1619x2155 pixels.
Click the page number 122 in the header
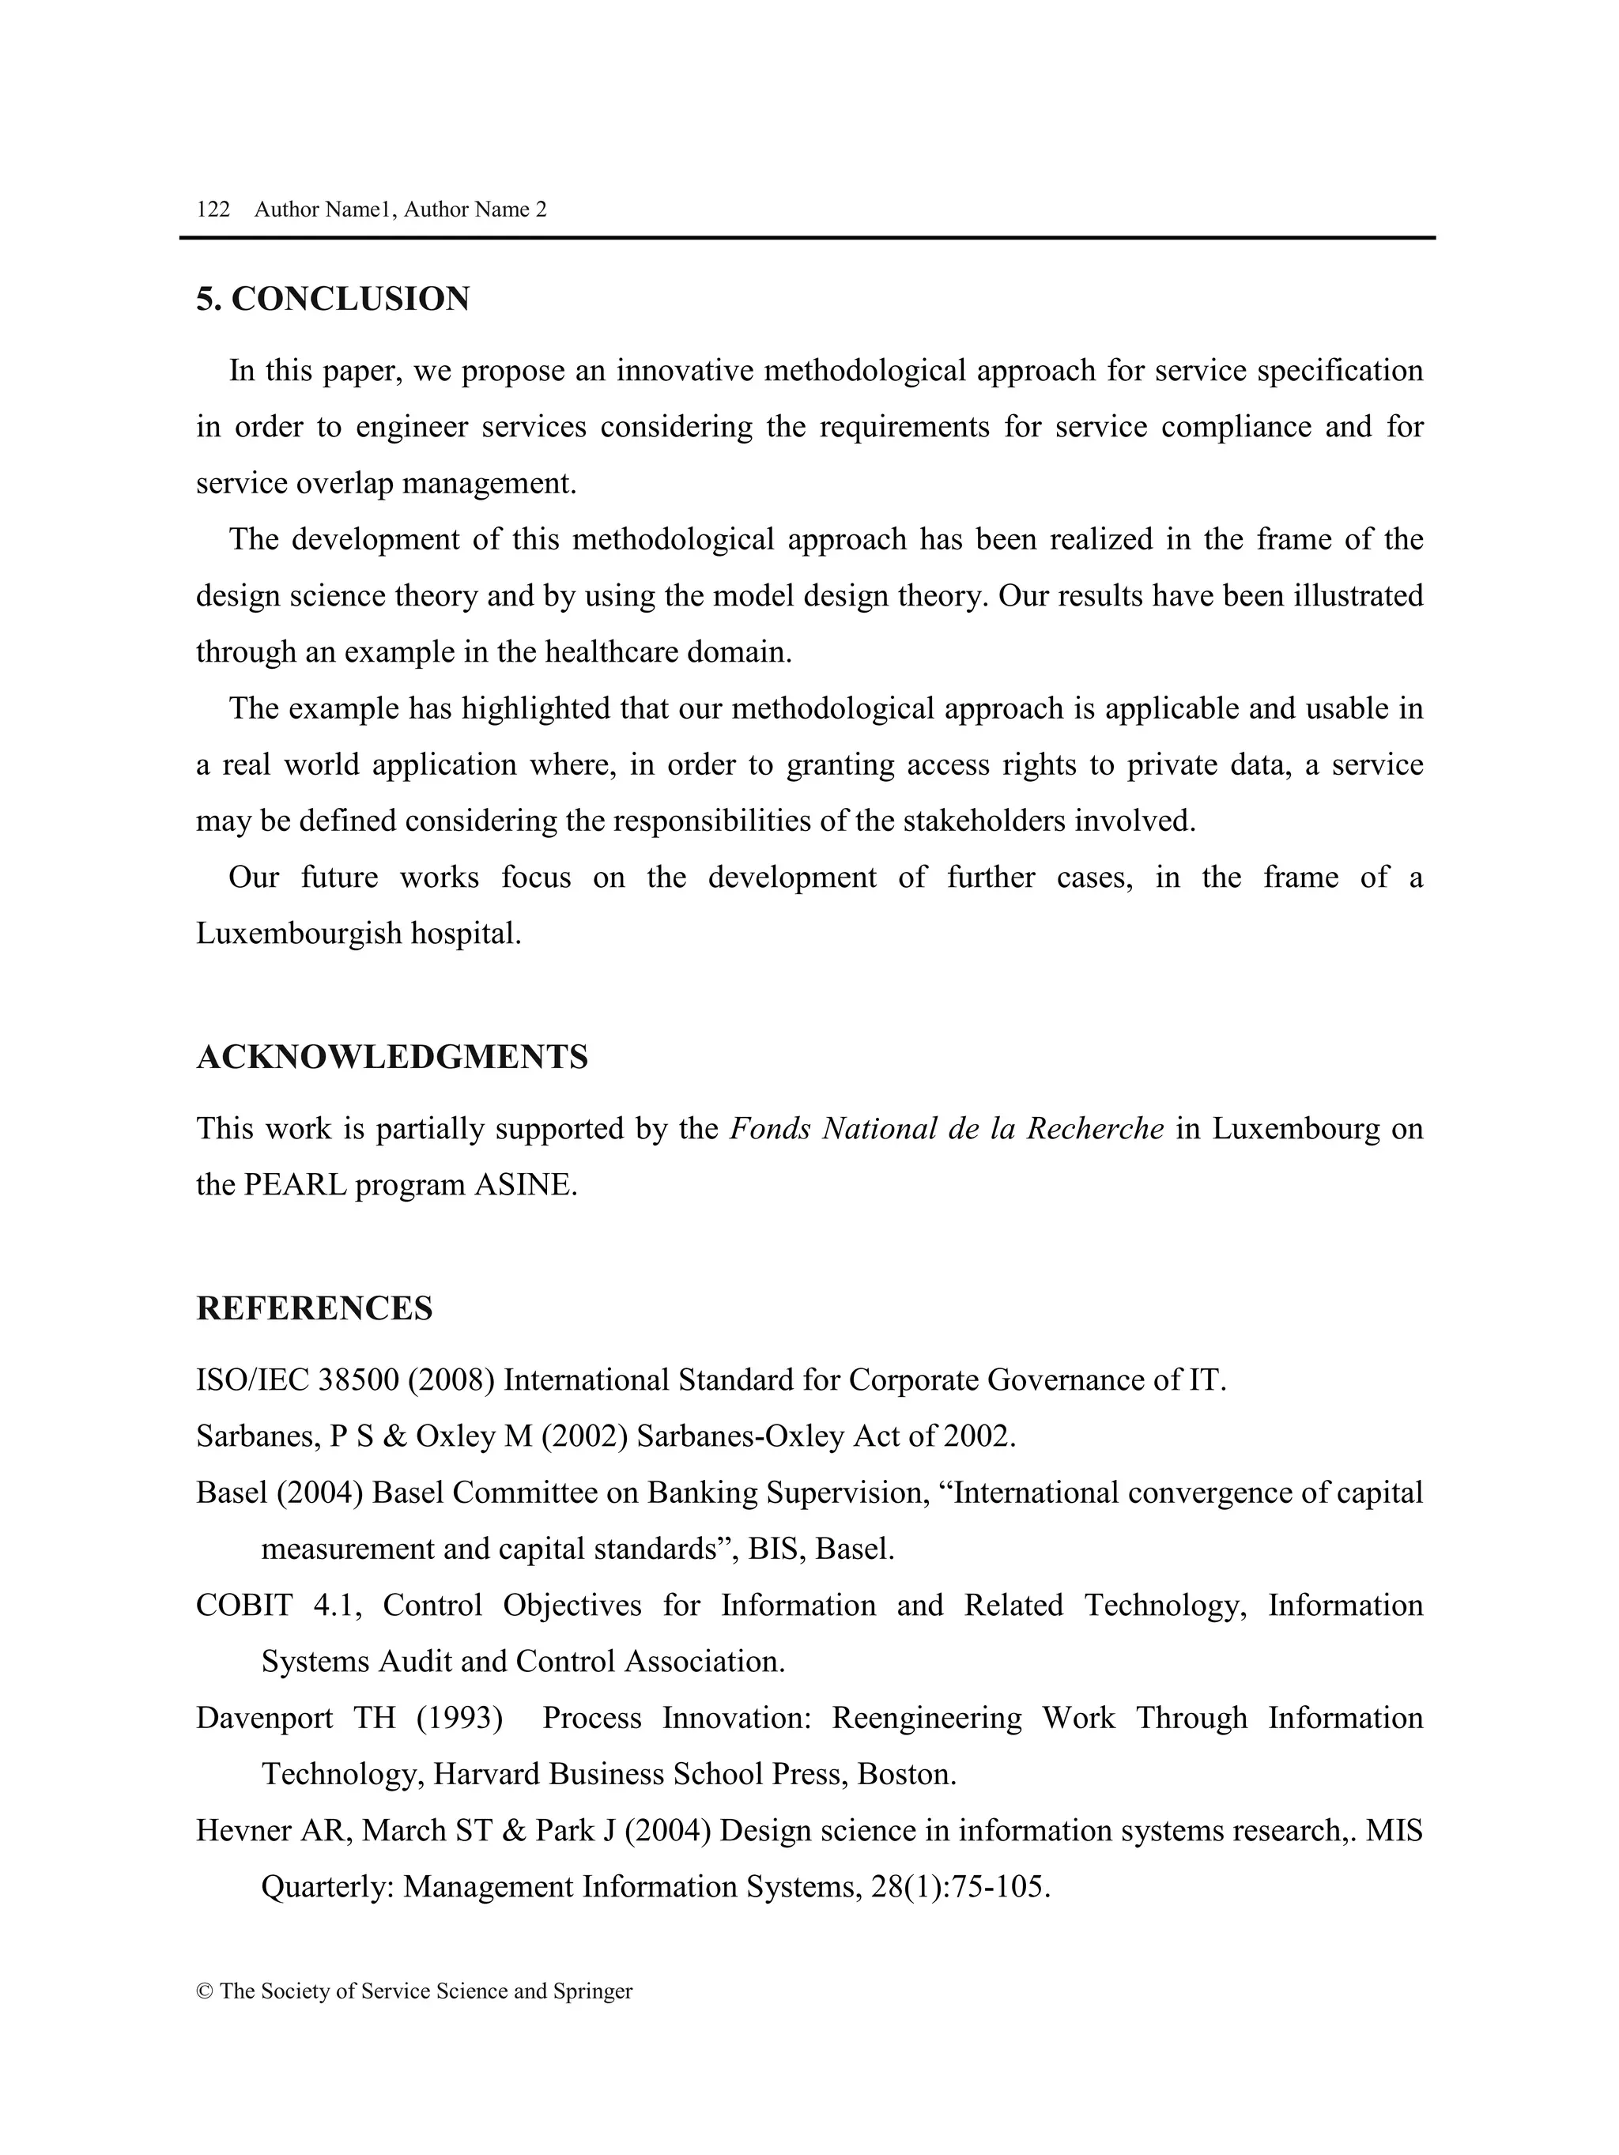(213, 209)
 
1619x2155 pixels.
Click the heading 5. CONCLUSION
(333, 299)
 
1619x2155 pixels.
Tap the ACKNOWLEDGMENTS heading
(391, 1057)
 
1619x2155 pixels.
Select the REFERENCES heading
(314, 1308)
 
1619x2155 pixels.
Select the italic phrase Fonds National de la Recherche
(946, 1129)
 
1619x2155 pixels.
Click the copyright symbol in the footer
(205, 1991)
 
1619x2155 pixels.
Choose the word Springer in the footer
(592, 1991)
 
